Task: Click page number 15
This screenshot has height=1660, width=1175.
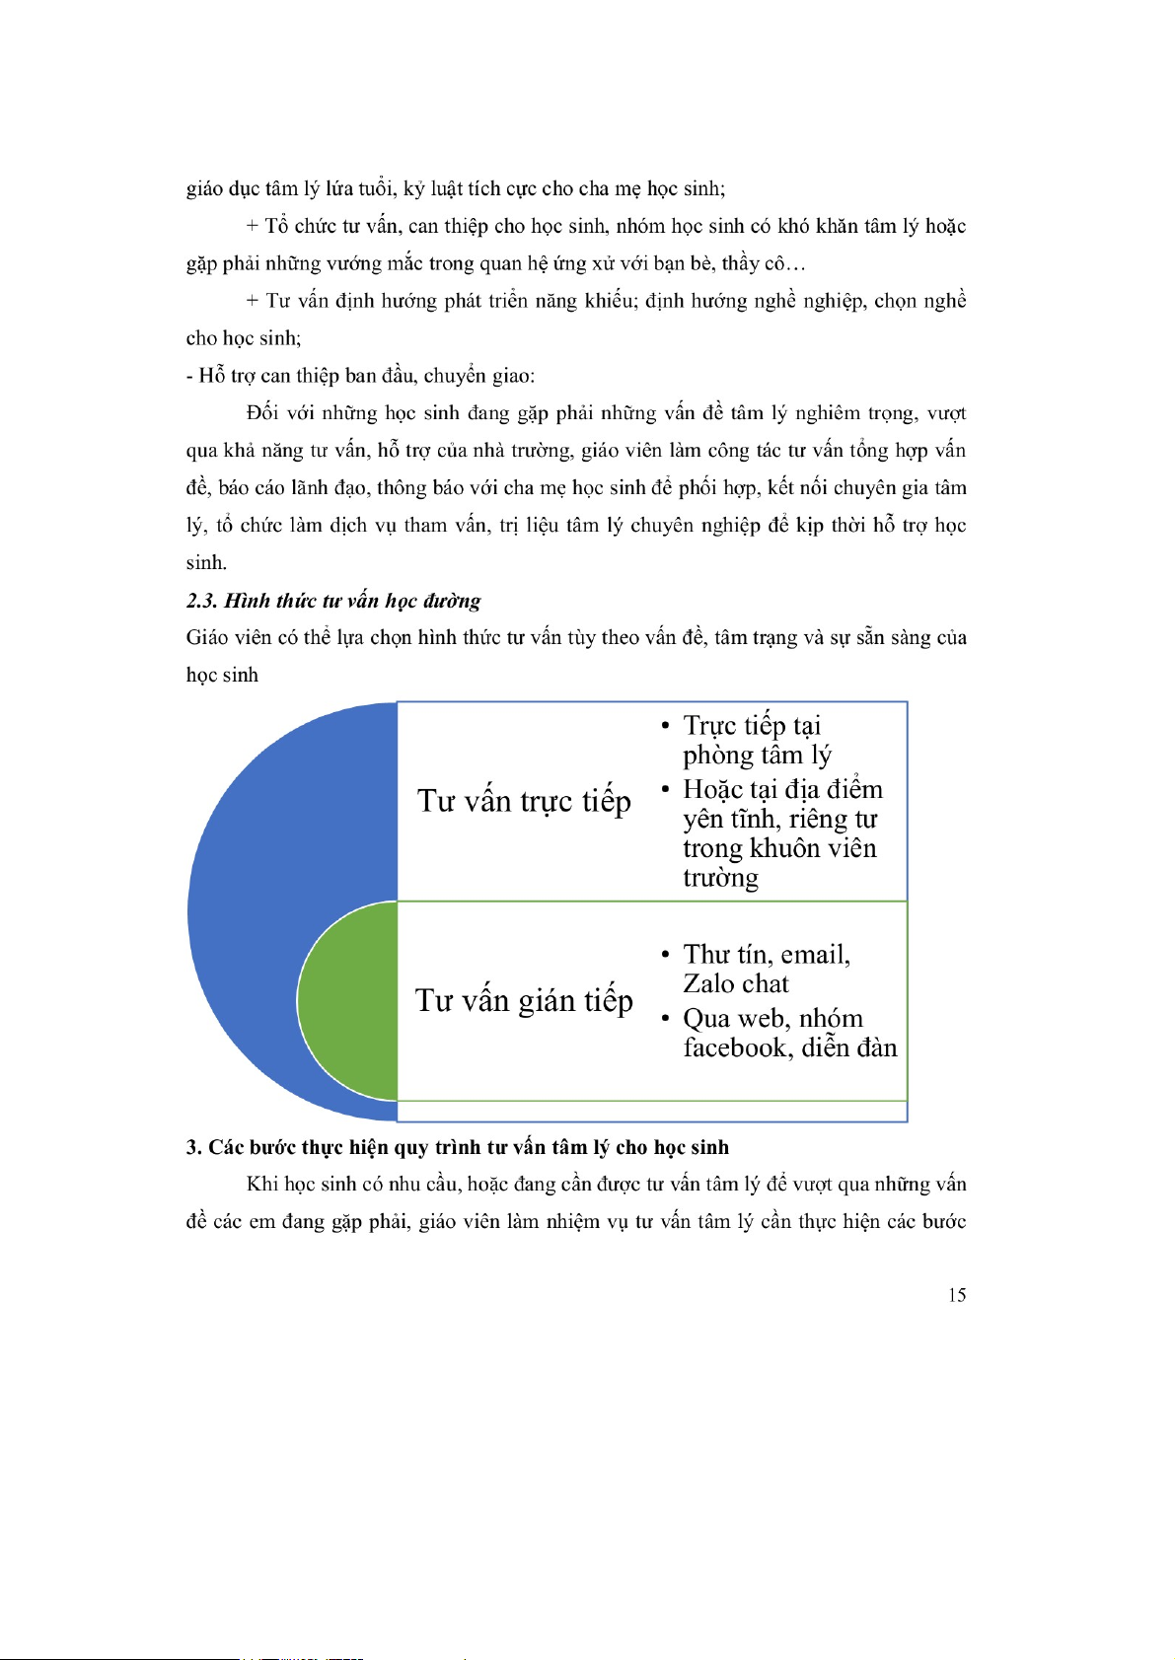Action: pos(956,1295)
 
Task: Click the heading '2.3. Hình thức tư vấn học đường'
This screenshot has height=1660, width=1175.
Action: pos(333,601)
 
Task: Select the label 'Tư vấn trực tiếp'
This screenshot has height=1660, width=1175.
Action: pos(524,801)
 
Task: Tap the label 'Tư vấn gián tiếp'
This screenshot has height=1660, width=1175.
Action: pos(524,1000)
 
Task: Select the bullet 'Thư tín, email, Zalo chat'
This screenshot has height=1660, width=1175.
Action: pos(766,969)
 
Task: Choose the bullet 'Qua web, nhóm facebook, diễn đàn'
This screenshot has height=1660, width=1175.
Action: pos(789,1033)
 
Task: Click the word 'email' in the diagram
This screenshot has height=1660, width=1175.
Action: pos(815,955)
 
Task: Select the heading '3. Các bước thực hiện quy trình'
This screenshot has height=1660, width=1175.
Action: pos(458,1147)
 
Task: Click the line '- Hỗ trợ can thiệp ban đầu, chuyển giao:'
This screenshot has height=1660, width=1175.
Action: pos(360,376)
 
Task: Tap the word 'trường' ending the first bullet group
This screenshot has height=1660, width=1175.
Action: pos(720,878)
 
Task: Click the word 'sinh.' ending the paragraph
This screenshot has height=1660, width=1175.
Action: pos(206,563)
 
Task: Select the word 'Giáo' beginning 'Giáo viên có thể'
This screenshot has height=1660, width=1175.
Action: pos(207,638)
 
